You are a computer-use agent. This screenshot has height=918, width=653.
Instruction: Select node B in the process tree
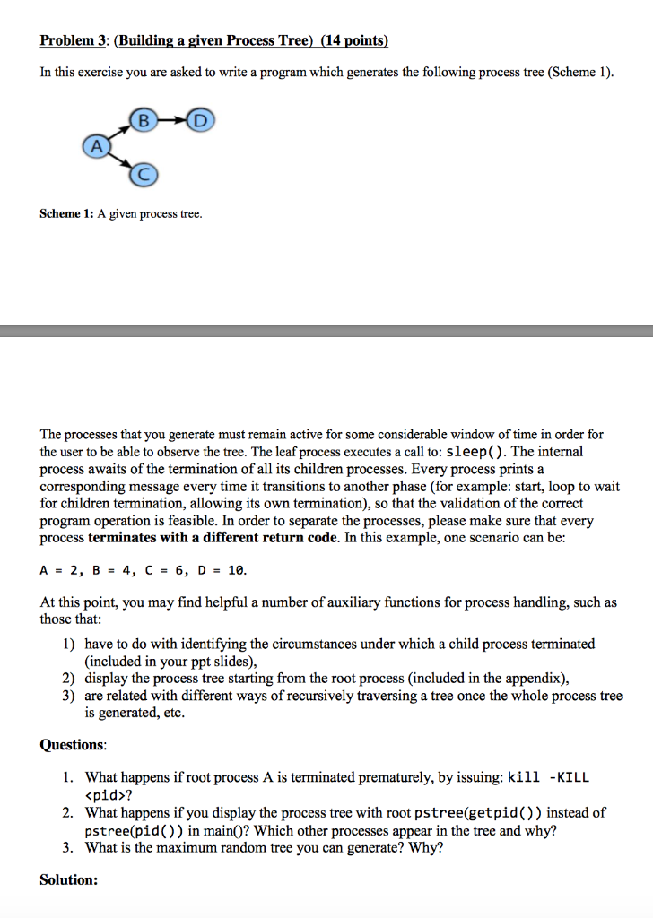coord(141,119)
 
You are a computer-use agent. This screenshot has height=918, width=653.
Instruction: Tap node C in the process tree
coord(141,175)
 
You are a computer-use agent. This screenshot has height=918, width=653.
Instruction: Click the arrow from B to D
coord(171,119)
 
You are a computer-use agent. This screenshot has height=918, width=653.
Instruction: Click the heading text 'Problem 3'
coord(73,40)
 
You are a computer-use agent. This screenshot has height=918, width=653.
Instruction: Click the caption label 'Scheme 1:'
coord(66,214)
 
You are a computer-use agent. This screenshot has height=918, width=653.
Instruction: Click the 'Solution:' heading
coord(69,879)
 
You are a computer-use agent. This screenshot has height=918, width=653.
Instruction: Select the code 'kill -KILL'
coord(549,777)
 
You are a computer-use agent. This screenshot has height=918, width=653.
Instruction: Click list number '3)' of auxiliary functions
coord(69,696)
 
